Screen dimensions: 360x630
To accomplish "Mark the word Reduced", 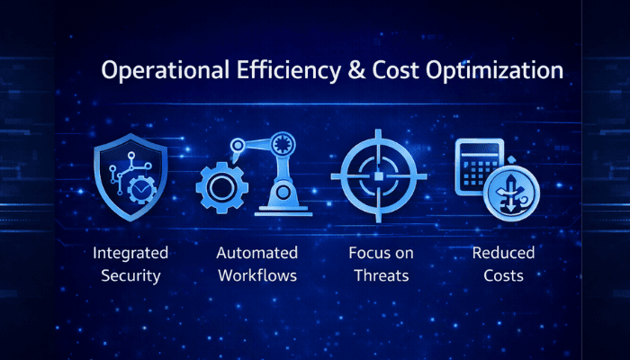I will pos(503,252).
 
